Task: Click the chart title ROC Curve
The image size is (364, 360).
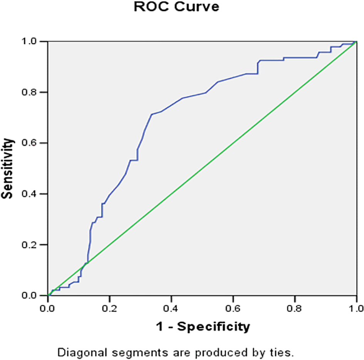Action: tap(176, 7)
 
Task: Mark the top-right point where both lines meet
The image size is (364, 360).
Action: tap(356, 42)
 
